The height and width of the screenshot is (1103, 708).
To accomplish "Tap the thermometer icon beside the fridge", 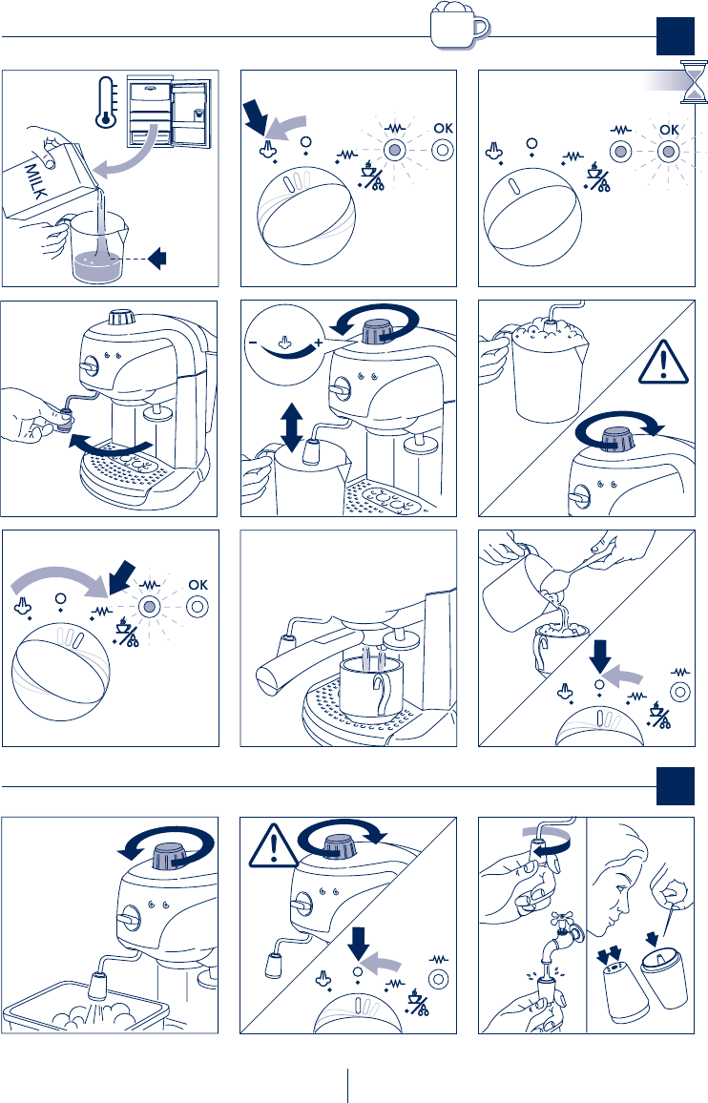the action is (x=106, y=101).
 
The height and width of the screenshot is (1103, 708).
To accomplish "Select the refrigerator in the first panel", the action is (x=168, y=112).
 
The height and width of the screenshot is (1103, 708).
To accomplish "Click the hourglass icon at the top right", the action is (x=694, y=82).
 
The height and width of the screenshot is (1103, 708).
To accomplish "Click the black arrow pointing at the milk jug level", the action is (x=157, y=259).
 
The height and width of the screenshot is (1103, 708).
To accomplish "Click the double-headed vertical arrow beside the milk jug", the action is (x=290, y=421).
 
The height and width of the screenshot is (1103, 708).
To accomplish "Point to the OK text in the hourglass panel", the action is (x=669, y=130).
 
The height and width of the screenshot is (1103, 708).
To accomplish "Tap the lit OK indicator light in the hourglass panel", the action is (x=669, y=151).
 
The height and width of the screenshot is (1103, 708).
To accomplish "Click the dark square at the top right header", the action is (x=676, y=36).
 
